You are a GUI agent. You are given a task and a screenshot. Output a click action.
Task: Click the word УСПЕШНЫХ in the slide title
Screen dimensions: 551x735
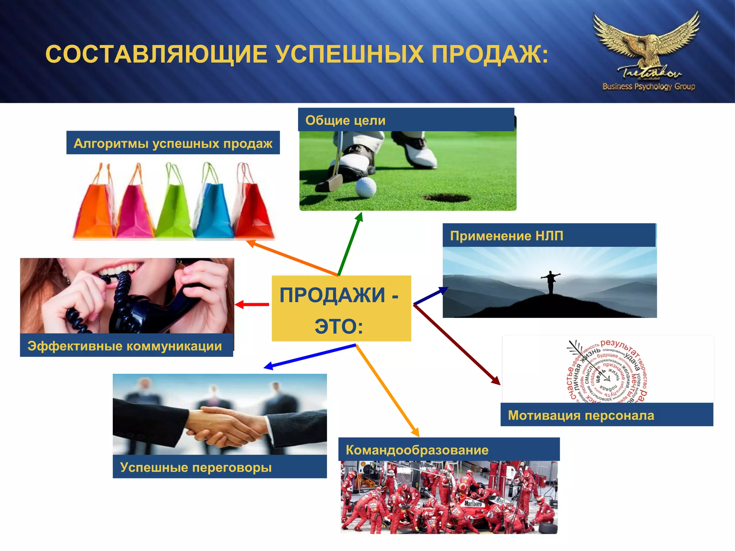point(350,55)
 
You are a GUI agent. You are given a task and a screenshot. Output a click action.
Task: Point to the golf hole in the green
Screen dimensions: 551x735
point(446,198)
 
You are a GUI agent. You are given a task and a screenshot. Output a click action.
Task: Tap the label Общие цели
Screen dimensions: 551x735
point(345,121)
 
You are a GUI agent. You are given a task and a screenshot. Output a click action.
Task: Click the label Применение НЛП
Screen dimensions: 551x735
point(506,236)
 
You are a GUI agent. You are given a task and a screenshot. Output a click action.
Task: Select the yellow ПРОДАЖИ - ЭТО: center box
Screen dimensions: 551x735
point(341,309)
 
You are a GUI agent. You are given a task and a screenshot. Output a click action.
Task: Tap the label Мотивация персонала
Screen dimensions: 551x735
point(581,415)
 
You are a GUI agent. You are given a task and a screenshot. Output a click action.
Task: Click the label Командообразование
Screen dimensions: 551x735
point(417,450)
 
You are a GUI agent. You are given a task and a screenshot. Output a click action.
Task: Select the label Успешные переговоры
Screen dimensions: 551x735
point(196,467)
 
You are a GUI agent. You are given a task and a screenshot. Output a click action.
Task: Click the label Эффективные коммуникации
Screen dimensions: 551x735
point(125,346)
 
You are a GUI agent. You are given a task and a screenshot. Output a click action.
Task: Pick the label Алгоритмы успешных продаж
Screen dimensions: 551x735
point(173,143)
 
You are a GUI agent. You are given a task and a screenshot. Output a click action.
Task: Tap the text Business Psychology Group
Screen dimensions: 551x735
point(649,86)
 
